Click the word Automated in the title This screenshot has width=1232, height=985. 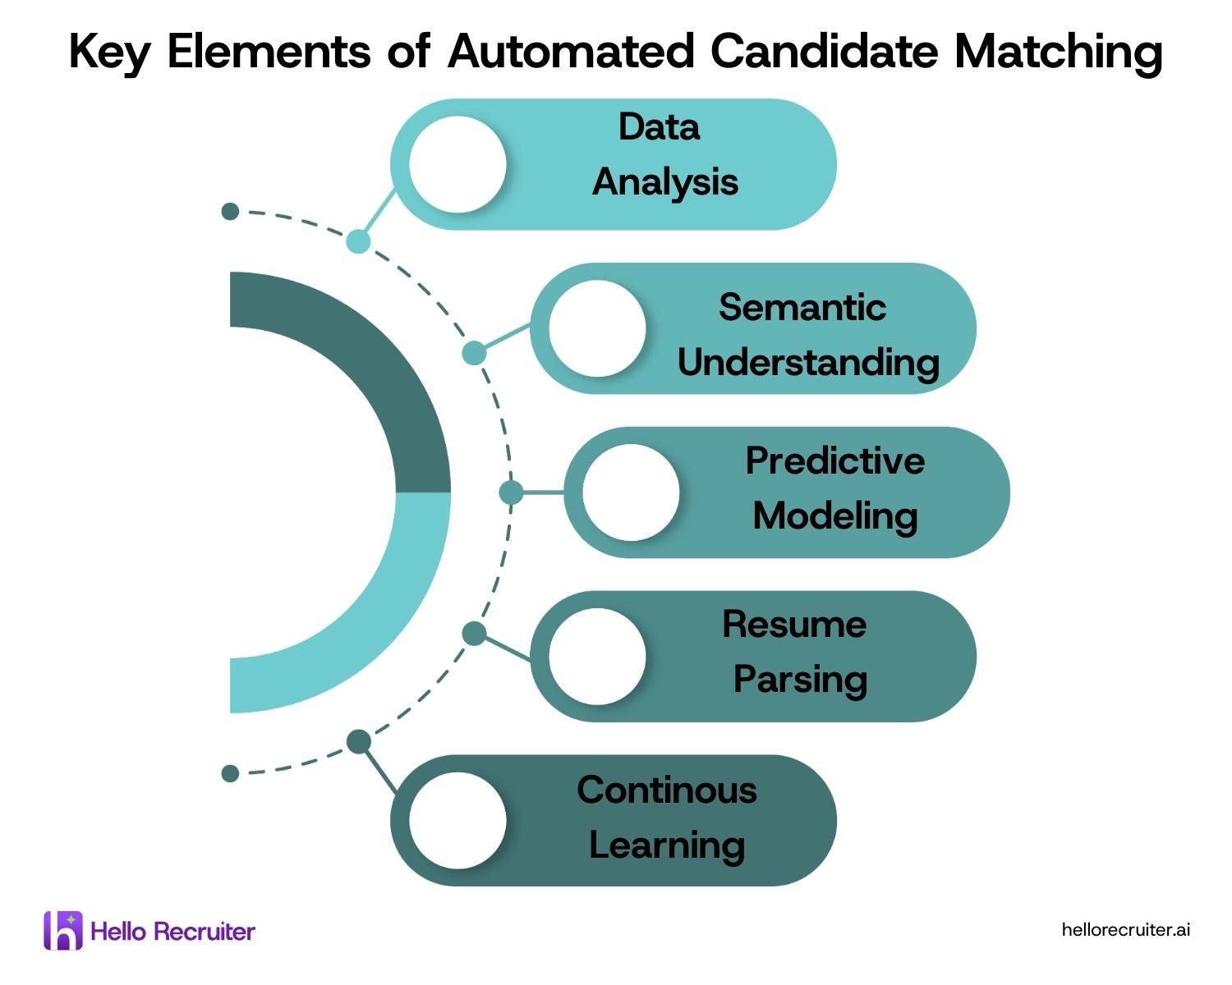click(571, 51)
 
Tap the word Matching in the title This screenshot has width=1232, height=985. click(1058, 53)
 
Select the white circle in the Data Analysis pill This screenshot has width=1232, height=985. click(457, 164)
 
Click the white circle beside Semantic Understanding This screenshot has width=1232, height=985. click(597, 328)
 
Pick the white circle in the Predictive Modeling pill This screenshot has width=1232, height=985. click(631, 492)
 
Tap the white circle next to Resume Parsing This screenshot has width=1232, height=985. click(597, 656)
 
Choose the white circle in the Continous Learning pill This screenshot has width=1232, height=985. click(457, 820)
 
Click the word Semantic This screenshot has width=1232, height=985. click(802, 307)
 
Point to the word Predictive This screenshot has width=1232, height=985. click(834, 460)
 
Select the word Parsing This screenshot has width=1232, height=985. click(800, 680)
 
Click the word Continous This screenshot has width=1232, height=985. click(666, 790)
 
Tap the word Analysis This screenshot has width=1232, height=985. click(665, 182)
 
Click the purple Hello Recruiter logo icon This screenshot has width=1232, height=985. click(63, 930)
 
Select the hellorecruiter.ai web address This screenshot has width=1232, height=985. click(1125, 929)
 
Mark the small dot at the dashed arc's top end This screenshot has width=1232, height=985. click(230, 211)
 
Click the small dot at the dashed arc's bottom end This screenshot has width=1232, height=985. click(230, 773)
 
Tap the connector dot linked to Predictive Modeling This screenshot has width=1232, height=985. click(511, 492)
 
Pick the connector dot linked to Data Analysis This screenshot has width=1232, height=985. click(358, 241)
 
